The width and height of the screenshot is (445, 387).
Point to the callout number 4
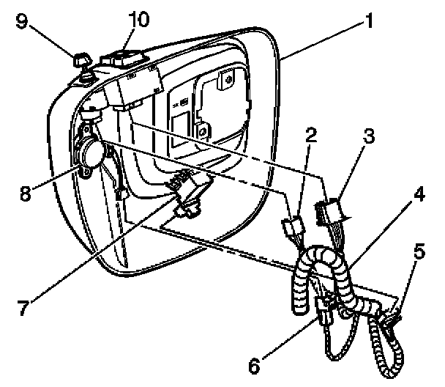tap(419, 196)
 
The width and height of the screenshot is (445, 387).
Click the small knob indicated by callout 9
tap(81, 59)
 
